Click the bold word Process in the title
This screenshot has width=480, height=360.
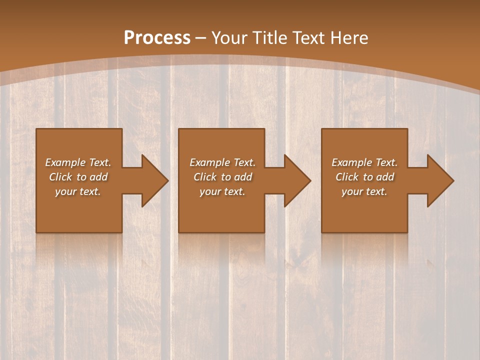[157, 38]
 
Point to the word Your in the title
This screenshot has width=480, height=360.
[230, 38]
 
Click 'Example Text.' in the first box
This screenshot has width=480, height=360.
[78, 162]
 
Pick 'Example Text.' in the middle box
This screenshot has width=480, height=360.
[222, 162]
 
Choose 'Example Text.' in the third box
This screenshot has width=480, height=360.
[364, 162]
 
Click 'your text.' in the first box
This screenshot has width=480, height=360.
[78, 191]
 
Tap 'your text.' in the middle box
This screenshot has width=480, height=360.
[222, 191]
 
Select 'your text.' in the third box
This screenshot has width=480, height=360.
[364, 191]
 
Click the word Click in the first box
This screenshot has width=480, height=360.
[60, 177]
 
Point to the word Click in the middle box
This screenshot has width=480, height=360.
[205, 177]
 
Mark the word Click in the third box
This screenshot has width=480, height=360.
[347, 177]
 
